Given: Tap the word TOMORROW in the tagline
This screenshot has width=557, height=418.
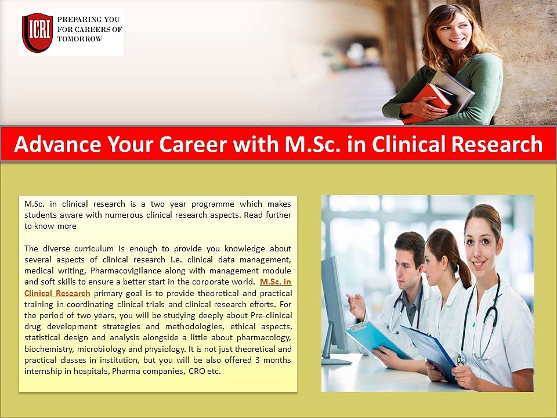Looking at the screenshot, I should click(79, 39).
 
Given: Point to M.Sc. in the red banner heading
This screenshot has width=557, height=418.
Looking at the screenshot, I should click(314, 144).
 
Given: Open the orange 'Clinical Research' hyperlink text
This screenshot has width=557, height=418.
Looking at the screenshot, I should click(57, 293).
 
